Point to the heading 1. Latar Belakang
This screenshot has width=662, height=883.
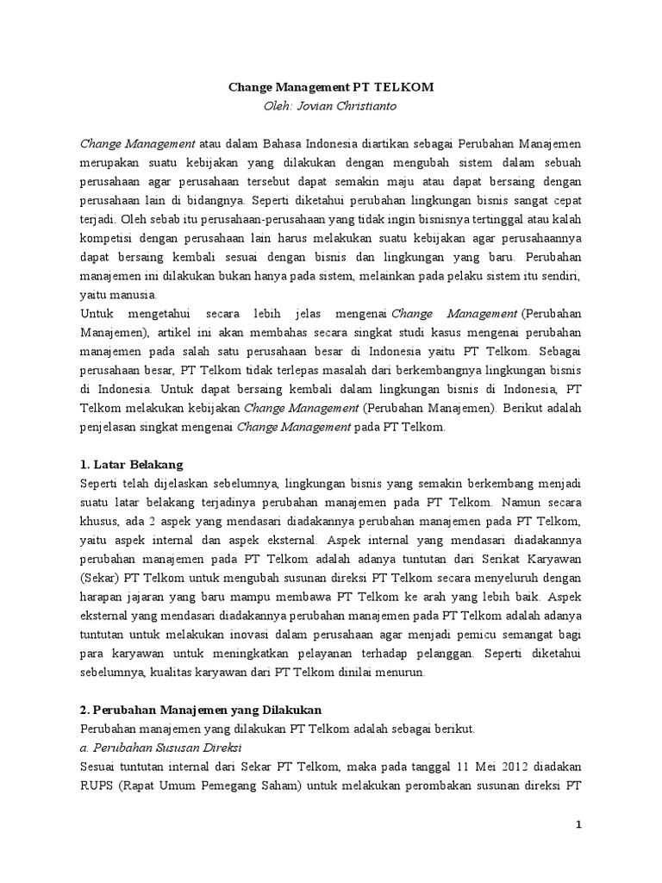(x=131, y=464)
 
